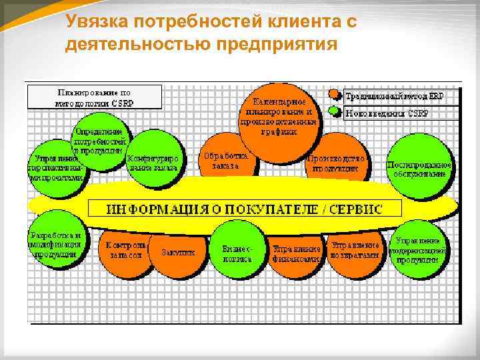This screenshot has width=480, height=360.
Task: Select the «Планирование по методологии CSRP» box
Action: tap(93, 97)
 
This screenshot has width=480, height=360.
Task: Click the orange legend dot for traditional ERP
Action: tap(334, 95)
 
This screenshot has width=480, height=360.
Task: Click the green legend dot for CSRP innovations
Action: tap(334, 112)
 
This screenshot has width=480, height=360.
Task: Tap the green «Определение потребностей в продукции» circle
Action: tap(100, 143)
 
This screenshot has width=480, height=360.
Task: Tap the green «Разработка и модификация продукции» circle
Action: tap(56, 243)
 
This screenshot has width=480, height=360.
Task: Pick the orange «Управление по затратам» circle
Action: tap(356, 250)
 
